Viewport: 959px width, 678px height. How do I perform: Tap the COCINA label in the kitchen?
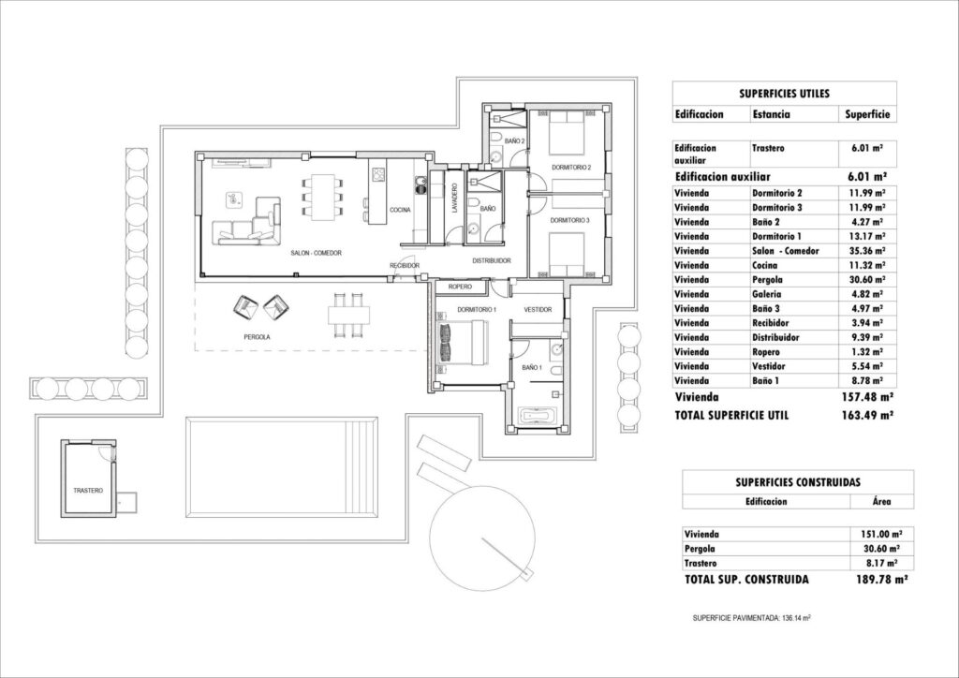click(401, 210)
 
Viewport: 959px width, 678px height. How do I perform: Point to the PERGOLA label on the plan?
click(256, 335)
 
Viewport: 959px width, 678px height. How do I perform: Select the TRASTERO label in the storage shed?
click(88, 491)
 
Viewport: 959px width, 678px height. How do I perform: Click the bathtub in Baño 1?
click(538, 413)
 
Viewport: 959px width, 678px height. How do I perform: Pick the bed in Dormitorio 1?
click(465, 342)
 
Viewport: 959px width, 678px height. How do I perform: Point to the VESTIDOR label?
click(538, 310)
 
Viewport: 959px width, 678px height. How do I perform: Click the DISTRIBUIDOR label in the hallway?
click(490, 260)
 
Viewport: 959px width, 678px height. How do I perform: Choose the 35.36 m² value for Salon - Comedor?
click(863, 250)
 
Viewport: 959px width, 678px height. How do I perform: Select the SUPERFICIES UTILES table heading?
click(785, 94)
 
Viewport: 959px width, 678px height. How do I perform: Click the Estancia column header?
click(771, 115)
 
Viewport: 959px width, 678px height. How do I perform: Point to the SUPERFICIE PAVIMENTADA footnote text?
click(751, 619)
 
